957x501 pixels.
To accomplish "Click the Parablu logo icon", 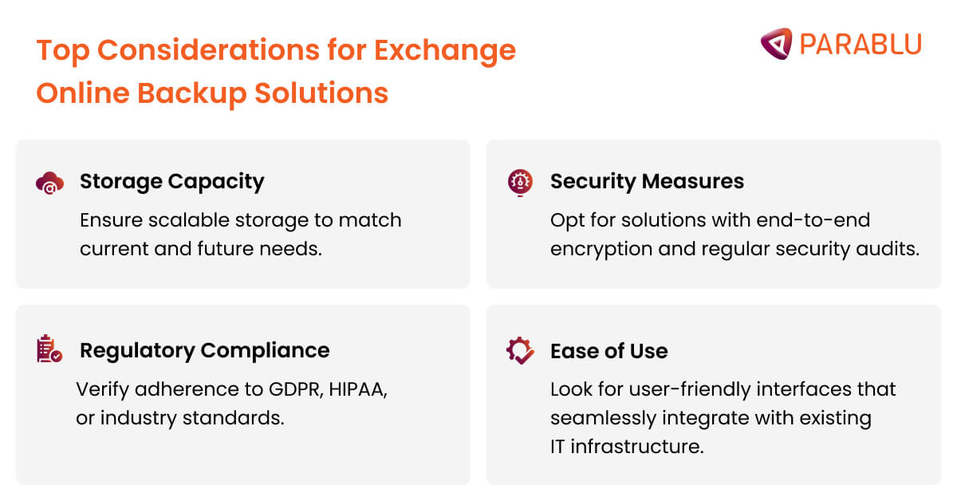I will click(776, 43).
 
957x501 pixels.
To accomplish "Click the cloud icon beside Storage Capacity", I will click(49, 183).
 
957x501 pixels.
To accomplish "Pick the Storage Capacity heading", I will click(171, 182).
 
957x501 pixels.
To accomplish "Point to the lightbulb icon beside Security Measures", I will click(519, 182).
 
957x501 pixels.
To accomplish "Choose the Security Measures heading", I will click(647, 182).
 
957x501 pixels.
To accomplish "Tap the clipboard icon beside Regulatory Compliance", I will click(49, 350).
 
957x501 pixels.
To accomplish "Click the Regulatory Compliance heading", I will click(204, 350).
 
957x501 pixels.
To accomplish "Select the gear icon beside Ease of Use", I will click(520, 351).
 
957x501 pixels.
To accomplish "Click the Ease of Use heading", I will click(608, 351).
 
